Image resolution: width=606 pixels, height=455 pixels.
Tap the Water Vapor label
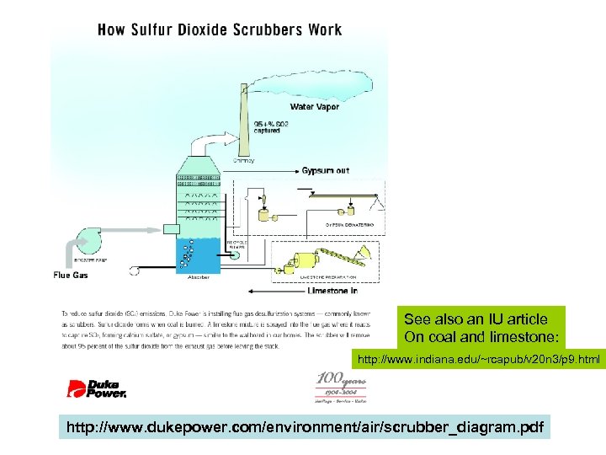point(315,107)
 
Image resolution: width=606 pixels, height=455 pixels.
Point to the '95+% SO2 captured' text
point(272,127)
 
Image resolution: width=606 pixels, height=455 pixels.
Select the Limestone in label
point(332,290)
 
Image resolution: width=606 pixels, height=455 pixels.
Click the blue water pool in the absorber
point(198,253)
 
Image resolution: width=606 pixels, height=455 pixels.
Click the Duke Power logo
point(97,388)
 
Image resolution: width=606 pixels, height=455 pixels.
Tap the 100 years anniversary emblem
point(337,387)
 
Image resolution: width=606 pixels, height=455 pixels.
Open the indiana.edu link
point(479,361)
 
